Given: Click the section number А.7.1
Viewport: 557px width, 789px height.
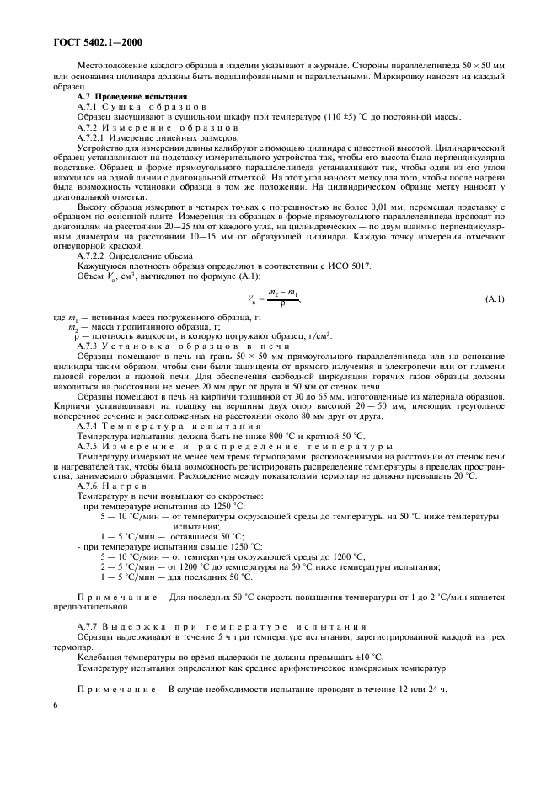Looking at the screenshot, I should tap(88, 108).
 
